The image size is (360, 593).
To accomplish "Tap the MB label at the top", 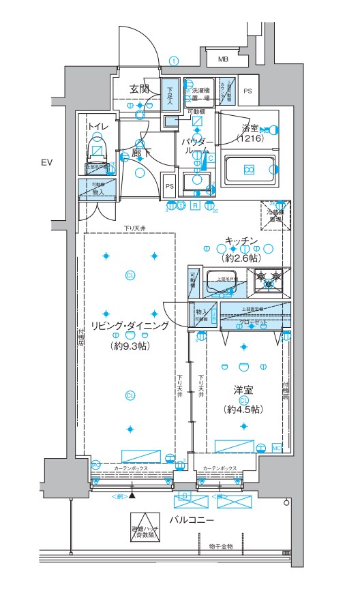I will tap(223, 59).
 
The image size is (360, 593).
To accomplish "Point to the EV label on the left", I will tap(46, 162).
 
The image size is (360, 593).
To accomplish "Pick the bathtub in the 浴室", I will tap(250, 170).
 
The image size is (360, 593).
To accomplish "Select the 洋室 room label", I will tap(243, 391).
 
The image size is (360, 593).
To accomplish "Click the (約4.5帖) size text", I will tap(243, 409).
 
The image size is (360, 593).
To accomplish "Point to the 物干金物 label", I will tap(221, 547).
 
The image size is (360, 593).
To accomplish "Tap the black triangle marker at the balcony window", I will tap(132, 496).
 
